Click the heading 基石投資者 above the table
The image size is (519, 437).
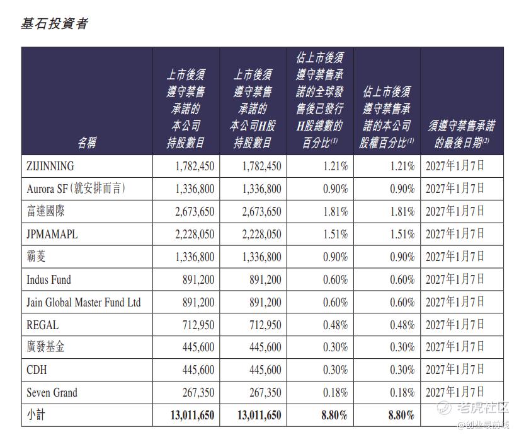point(54,23)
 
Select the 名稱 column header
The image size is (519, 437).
point(87,143)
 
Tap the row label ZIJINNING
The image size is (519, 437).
point(50,166)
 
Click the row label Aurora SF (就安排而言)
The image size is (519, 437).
point(76,189)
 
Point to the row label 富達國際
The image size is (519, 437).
point(45,211)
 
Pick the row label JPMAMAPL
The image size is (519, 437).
point(52,234)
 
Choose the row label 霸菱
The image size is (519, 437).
point(36,257)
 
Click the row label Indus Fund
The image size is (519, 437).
point(48,279)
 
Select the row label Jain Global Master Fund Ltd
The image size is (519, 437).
point(83,302)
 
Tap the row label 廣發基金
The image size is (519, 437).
point(45,347)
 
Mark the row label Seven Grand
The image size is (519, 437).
point(52,393)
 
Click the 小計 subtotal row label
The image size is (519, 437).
point(36,415)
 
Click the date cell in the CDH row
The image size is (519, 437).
point(455,370)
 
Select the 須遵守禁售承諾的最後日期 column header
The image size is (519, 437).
point(462,134)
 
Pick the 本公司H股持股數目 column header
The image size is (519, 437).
point(253,108)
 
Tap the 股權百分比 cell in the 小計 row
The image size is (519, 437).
point(401,415)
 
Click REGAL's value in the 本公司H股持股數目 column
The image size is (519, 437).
point(265,325)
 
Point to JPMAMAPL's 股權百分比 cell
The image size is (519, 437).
point(402,234)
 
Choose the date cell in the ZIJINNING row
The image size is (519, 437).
point(455,166)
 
